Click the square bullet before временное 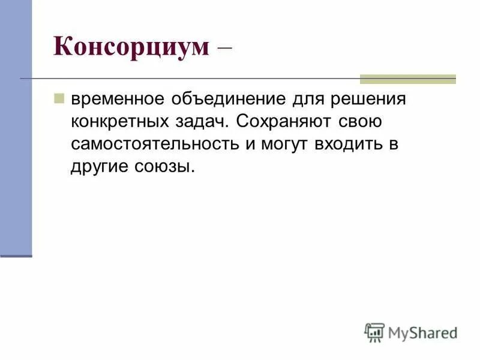tap(59, 97)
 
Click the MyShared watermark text tap(422, 332)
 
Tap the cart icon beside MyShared tap(374, 332)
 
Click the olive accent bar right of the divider tap(407, 79)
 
